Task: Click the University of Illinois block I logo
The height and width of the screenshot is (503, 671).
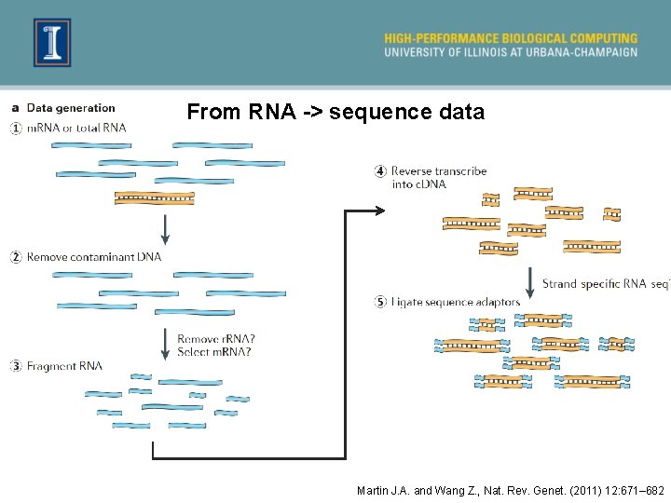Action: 52,43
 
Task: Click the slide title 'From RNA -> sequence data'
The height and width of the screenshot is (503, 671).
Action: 335,113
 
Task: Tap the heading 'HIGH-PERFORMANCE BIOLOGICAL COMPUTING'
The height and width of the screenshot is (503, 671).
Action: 511,38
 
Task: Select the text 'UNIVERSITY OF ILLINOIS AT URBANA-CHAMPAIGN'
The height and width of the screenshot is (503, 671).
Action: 511,52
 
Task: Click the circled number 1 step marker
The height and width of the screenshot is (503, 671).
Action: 16,128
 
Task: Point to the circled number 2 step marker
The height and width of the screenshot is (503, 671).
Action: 16,256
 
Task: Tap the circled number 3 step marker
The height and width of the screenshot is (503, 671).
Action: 16,366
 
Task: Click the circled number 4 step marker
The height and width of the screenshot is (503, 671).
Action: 380,170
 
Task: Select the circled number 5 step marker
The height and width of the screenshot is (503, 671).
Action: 380,302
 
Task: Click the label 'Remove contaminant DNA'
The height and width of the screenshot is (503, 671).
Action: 94,256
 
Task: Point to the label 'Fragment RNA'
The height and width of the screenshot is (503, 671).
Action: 64,366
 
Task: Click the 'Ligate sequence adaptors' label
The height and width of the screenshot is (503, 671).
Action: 456,302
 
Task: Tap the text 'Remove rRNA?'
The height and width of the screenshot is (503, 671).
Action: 216,339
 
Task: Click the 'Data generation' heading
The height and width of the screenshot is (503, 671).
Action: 71,109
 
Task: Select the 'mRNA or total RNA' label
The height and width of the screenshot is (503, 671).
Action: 76,128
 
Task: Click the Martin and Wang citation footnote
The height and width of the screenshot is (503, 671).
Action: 510,490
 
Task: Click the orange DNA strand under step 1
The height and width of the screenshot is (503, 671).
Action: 154,197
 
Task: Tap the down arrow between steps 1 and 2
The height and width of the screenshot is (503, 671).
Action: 165,227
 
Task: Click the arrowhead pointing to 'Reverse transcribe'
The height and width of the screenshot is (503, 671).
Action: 378,211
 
